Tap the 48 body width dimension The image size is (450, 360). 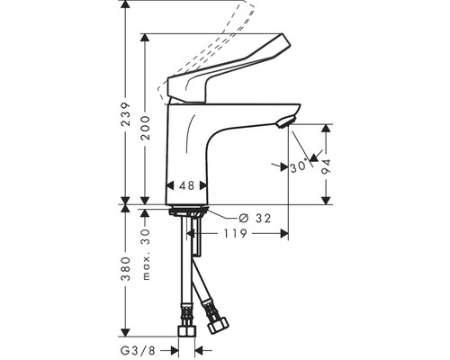point(187,185)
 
